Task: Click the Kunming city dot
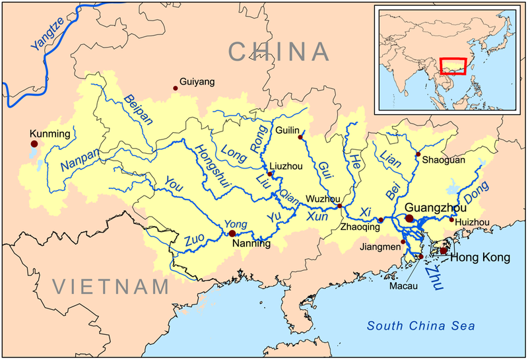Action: [34, 143]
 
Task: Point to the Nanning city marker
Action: [232, 233]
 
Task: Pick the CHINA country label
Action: [278, 53]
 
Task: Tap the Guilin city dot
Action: [300, 137]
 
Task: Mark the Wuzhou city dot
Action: [340, 206]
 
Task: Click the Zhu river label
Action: [433, 271]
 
